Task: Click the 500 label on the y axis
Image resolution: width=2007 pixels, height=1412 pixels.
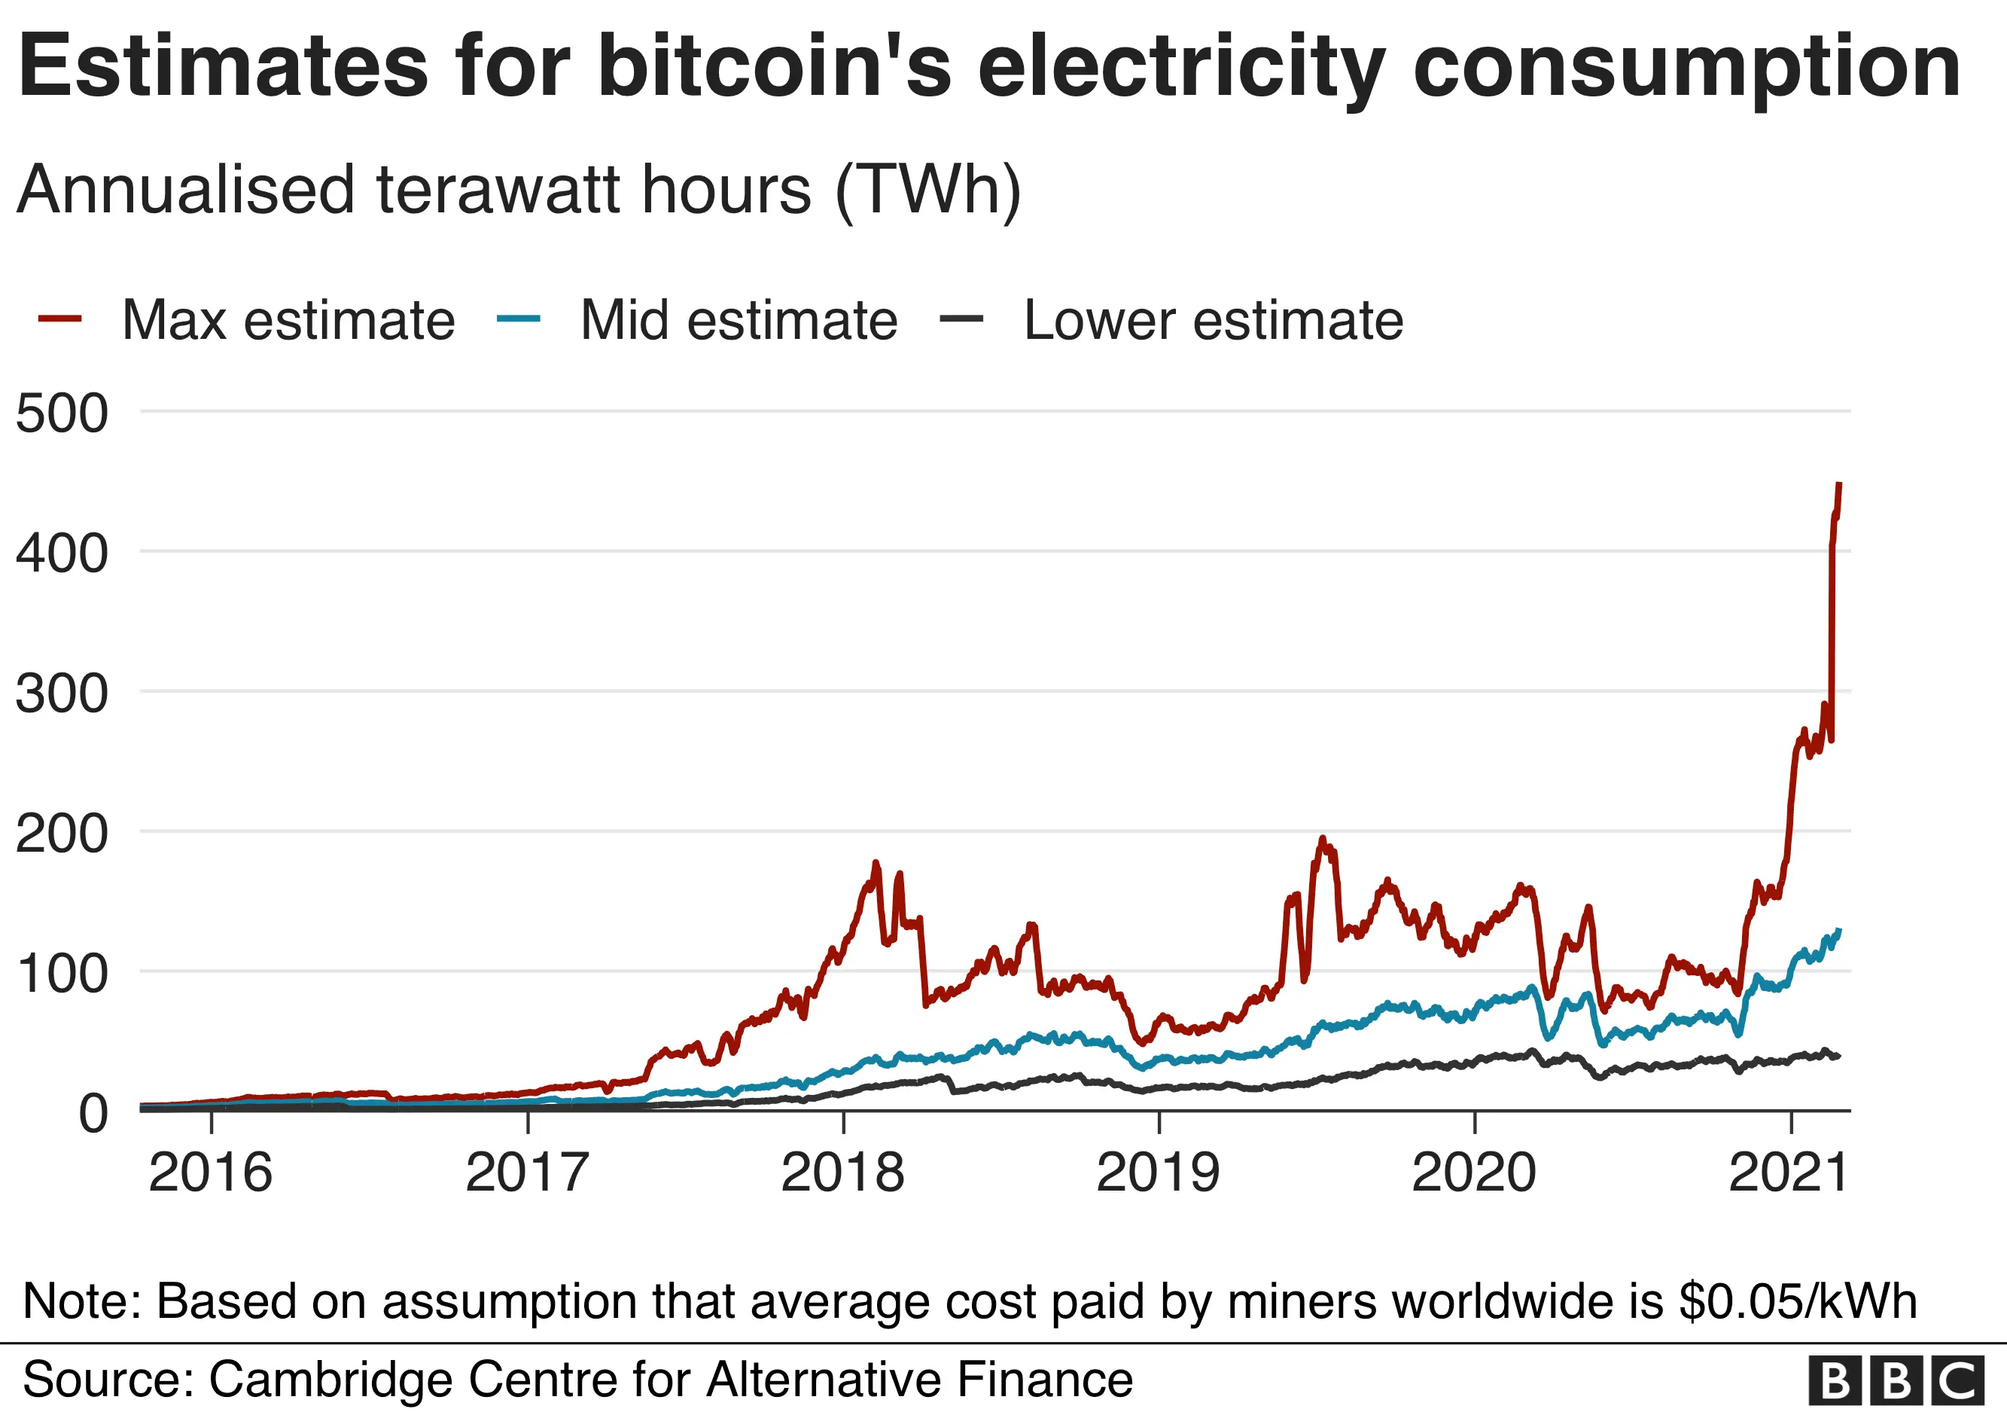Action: pyautogui.click(x=61, y=413)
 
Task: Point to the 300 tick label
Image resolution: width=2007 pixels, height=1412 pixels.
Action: pyautogui.click(x=61, y=694)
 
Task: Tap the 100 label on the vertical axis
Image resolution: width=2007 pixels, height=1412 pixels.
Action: pyautogui.click(x=61, y=974)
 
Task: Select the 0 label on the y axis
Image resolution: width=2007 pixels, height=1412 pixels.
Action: pyautogui.click(x=93, y=1115)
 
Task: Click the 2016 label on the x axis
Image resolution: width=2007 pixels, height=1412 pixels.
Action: pyautogui.click(x=210, y=1173)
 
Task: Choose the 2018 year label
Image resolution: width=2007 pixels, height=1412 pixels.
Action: pyautogui.click(x=842, y=1173)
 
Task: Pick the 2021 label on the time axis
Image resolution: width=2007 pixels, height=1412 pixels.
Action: pyautogui.click(x=1789, y=1173)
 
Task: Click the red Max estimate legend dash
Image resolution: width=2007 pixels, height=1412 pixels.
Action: pyautogui.click(x=60, y=319)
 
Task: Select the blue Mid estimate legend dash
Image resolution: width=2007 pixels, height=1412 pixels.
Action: pyautogui.click(x=519, y=319)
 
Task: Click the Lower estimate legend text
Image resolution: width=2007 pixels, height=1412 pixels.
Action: pyautogui.click(x=1213, y=320)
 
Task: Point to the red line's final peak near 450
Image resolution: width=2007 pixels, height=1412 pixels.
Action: pyautogui.click(x=1839, y=484)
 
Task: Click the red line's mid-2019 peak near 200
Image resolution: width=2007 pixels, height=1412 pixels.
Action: pyautogui.click(x=1323, y=840)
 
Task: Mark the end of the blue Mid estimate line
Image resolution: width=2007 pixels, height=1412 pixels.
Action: pyautogui.click(x=1839, y=930)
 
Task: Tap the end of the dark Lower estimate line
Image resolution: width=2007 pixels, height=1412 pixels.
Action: pyautogui.click(x=1838, y=1056)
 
